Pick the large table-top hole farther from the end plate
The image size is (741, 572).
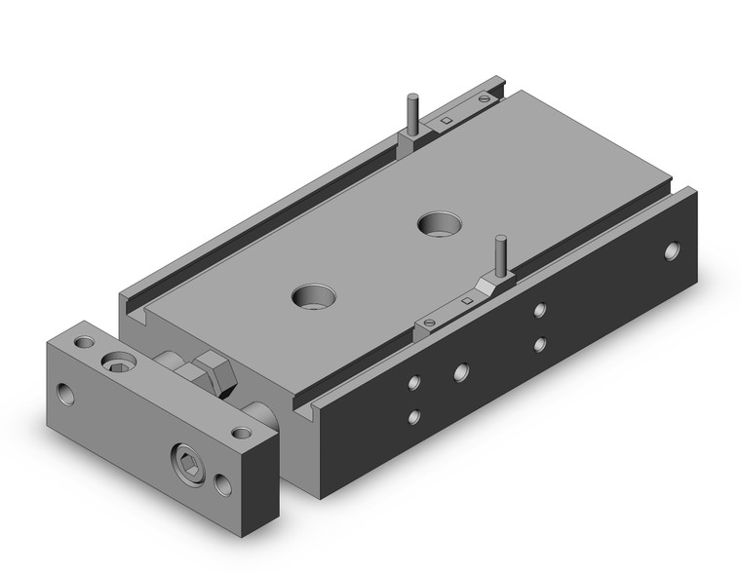tap(435, 224)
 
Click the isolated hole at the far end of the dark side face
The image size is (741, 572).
tap(672, 251)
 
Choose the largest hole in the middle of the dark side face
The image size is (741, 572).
tap(460, 371)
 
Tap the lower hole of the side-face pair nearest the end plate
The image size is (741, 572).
tap(414, 416)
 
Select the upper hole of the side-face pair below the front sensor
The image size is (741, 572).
tap(539, 311)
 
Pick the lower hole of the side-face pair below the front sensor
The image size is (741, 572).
tap(539, 344)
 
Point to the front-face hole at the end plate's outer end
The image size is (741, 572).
tap(65, 395)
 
